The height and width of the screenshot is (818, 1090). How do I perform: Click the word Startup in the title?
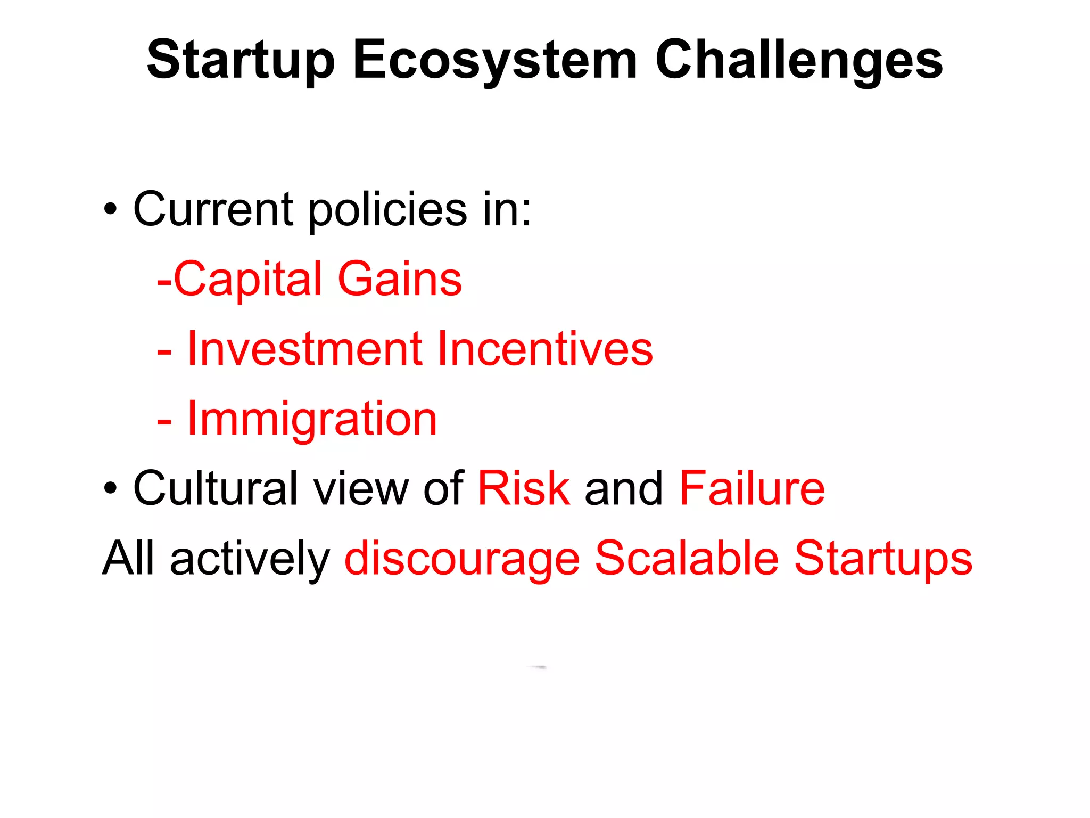[241, 60]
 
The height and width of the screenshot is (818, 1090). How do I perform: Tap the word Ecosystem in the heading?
[494, 60]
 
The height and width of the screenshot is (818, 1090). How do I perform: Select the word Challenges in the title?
[798, 60]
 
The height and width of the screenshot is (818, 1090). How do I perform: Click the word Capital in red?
[248, 279]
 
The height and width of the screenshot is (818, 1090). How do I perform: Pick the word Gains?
[400, 279]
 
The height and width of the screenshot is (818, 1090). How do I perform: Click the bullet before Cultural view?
[110, 488]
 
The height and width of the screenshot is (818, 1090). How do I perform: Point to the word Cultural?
[216, 488]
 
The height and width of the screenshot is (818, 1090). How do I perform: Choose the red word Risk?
[524, 488]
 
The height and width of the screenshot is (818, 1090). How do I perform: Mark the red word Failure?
[752, 488]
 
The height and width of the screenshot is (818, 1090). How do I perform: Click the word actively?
[250, 559]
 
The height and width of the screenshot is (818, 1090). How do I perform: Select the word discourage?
[462, 559]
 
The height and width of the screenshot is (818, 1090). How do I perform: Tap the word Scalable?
[687, 559]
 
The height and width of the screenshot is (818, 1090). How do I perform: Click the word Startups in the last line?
[883, 559]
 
